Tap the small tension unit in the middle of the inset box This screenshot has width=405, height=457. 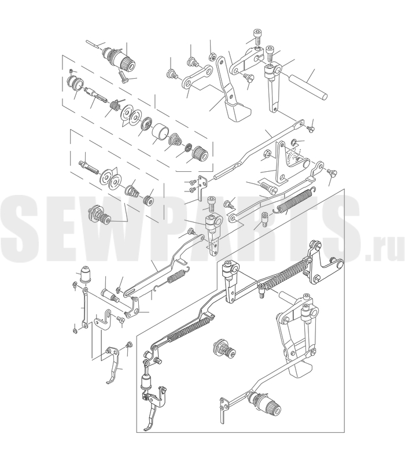224,349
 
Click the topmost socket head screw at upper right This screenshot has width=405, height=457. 257,36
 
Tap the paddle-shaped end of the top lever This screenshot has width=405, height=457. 240,112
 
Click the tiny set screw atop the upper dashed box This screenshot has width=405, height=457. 71,71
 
